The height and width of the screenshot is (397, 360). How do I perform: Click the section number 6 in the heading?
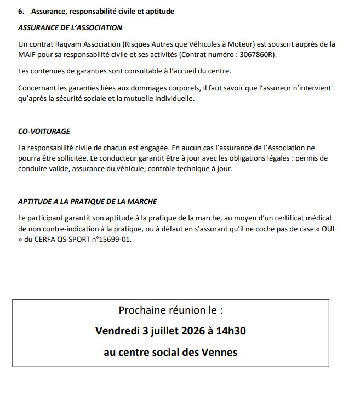coord(20,12)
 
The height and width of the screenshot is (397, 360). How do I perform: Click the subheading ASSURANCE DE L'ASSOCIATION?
coord(70,27)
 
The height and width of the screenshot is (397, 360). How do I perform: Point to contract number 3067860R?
coord(254,55)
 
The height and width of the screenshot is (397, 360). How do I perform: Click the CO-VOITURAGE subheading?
coord(44,132)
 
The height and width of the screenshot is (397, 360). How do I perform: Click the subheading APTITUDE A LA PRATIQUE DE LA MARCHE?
coord(88,202)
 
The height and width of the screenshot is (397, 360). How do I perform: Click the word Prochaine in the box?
coord(141,310)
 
